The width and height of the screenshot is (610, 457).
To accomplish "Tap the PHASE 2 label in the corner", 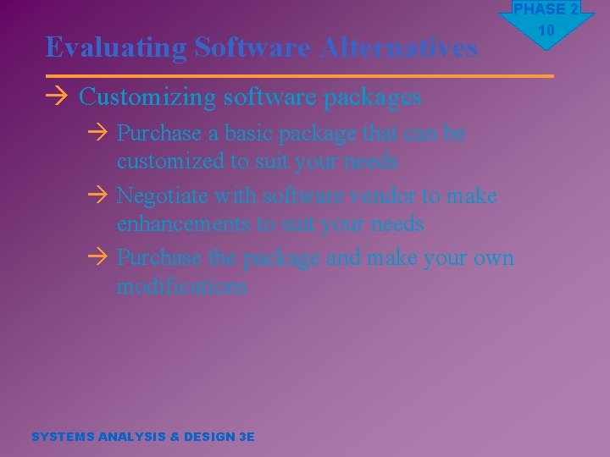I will point(546,9).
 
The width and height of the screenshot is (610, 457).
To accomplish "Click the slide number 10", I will point(546,30).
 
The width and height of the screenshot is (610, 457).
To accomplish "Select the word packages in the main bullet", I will point(377,97).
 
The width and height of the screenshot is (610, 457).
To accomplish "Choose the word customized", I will point(166,161).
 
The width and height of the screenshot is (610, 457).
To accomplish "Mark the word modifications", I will point(181,286).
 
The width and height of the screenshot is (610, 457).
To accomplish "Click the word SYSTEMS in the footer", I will point(63,437).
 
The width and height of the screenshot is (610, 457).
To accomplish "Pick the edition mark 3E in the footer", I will point(247,437).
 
